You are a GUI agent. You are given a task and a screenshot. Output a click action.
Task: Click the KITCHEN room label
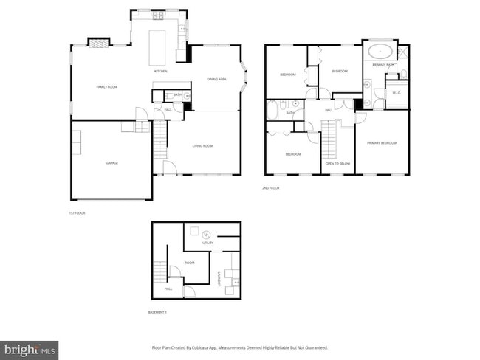[x=160, y=71]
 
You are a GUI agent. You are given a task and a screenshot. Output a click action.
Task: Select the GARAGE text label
[x=112, y=163]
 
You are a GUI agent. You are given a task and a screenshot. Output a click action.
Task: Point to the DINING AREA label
[x=216, y=79]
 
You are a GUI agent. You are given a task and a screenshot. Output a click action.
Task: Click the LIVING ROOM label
[x=202, y=146]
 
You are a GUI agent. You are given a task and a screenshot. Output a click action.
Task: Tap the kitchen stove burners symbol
[x=157, y=14]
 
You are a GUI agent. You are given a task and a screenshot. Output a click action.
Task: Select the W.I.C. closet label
[x=397, y=93]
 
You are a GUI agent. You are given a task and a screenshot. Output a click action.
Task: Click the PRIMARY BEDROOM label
[x=382, y=142]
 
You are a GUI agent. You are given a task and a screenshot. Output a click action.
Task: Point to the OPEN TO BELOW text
[x=337, y=163]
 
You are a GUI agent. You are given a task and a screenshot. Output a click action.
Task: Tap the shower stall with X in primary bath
[x=402, y=52]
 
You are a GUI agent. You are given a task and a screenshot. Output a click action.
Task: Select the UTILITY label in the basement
[x=208, y=243]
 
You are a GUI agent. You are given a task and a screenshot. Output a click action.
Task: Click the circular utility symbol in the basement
[x=206, y=234]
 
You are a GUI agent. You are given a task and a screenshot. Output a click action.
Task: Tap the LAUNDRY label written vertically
[x=219, y=278]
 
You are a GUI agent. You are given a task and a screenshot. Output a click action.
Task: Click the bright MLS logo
[x=30, y=347]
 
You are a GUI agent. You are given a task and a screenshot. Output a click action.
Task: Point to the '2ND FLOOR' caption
[x=271, y=188]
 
